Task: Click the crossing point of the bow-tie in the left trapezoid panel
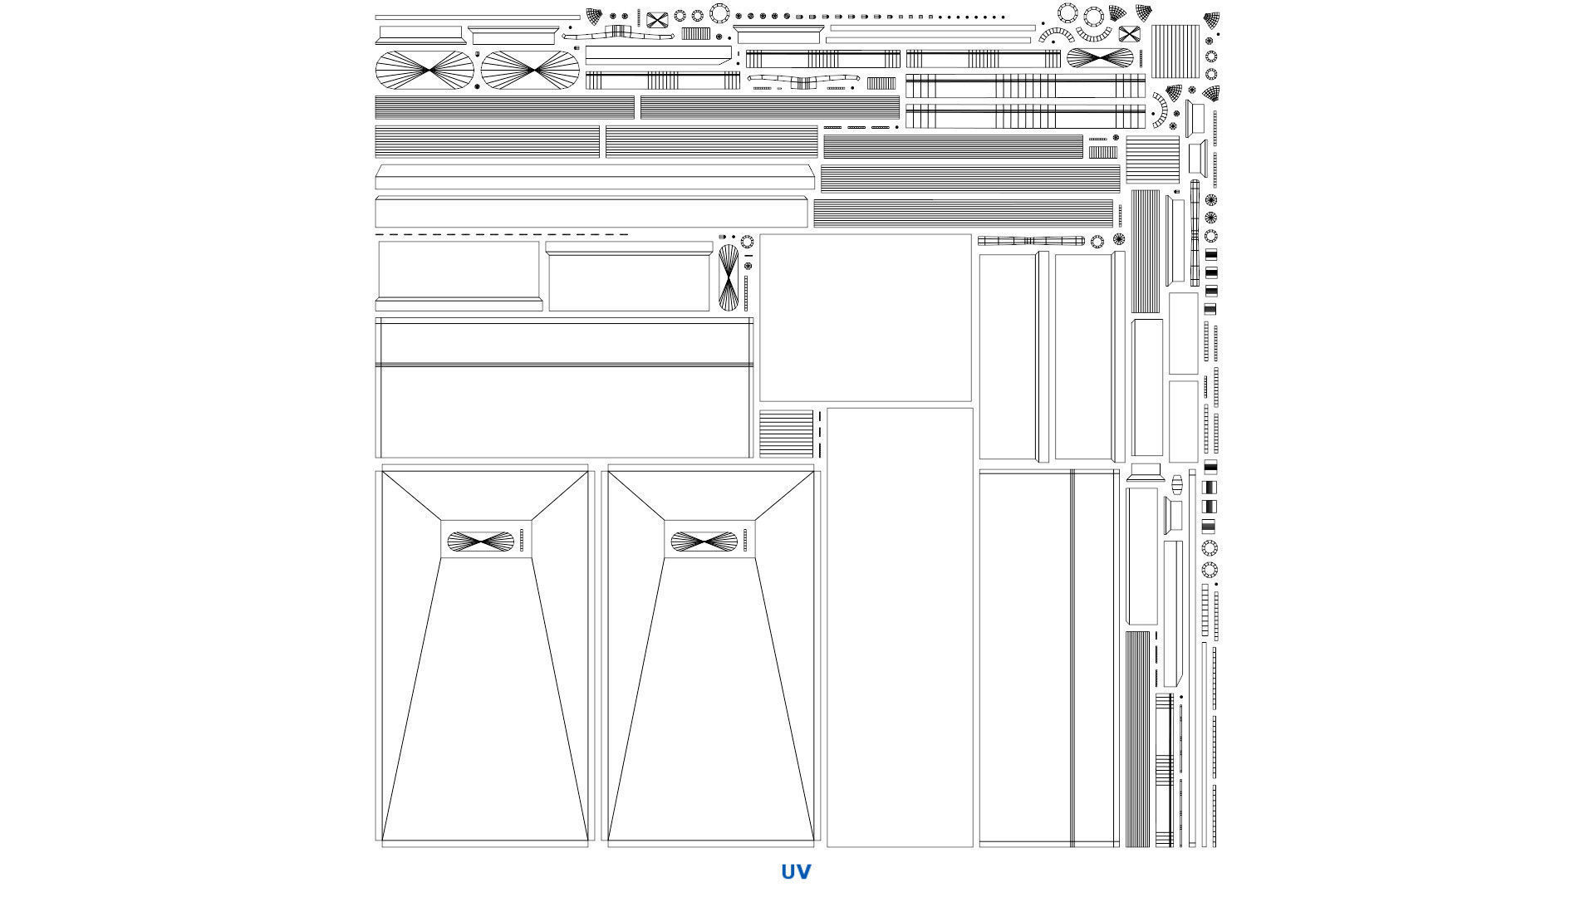(x=481, y=542)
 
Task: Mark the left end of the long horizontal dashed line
(x=375, y=235)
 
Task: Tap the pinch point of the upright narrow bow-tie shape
(x=729, y=278)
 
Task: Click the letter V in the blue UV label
(x=803, y=871)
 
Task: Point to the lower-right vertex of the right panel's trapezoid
(x=813, y=840)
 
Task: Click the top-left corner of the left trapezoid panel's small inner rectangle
(x=440, y=521)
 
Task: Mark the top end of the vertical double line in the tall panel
(x=1072, y=470)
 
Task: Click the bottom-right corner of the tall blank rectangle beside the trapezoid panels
(x=973, y=846)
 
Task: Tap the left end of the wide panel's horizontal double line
(x=376, y=365)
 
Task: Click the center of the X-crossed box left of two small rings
(x=657, y=21)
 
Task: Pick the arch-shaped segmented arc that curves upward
(x=1056, y=35)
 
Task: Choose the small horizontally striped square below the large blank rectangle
(x=787, y=434)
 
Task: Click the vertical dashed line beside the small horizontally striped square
(x=820, y=434)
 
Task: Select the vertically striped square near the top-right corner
(x=1175, y=51)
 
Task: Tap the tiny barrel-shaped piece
(x=1176, y=484)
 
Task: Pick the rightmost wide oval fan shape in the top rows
(x=1100, y=58)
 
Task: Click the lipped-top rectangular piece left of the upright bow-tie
(x=629, y=277)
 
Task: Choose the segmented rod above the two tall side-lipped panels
(x=1031, y=241)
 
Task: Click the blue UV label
(x=796, y=871)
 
